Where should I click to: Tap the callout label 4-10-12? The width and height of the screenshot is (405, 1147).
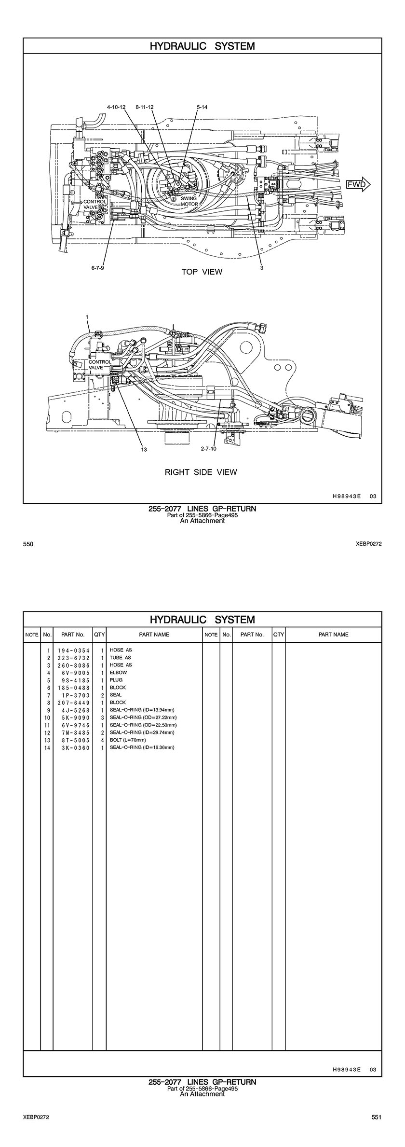[116, 107]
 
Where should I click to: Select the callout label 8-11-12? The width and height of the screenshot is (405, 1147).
[145, 107]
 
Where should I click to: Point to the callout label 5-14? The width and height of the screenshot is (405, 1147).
[202, 107]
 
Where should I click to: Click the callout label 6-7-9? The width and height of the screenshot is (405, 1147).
[97, 268]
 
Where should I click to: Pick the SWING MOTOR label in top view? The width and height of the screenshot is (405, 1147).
[189, 201]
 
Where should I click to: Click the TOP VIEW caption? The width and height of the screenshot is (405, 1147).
[202, 272]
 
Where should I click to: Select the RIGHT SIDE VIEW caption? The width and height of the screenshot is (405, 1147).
[201, 472]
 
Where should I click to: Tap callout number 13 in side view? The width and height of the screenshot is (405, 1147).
[144, 449]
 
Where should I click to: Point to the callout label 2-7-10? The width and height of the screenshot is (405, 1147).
[209, 449]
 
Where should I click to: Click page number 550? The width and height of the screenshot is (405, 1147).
[28, 544]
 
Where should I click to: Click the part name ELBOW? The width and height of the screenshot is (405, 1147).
[118, 673]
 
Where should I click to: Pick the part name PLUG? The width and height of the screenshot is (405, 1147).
[116, 680]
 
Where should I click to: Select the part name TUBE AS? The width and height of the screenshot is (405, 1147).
[121, 658]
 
